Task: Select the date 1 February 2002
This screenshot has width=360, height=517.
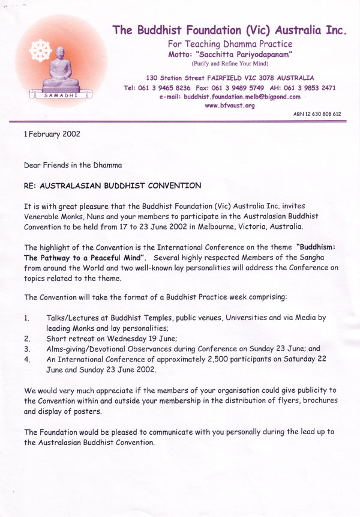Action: (52, 135)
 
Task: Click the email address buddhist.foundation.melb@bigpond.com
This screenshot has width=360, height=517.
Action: (234, 96)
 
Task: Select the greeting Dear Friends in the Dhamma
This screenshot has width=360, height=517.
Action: (74, 164)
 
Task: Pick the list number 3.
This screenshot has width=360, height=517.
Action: (26, 348)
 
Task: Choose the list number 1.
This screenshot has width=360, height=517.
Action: (26, 316)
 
